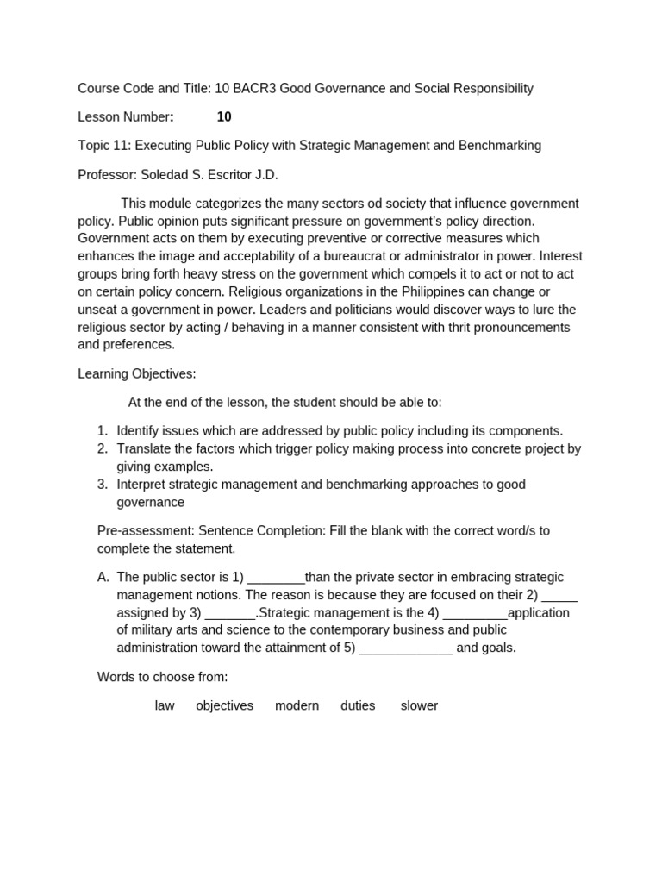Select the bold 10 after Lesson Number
pyautogui.click(x=224, y=117)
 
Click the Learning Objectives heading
pyautogui.click(x=137, y=374)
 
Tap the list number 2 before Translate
pyautogui.click(x=103, y=448)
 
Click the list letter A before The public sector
pyautogui.click(x=103, y=578)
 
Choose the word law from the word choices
pyautogui.click(x=165, y=706)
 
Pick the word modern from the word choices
pyautogui.click(x=297, y=706)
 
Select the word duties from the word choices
pyautogui.click(x=358, y=706)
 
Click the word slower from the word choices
pyautogui.click(x=419, y=706)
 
